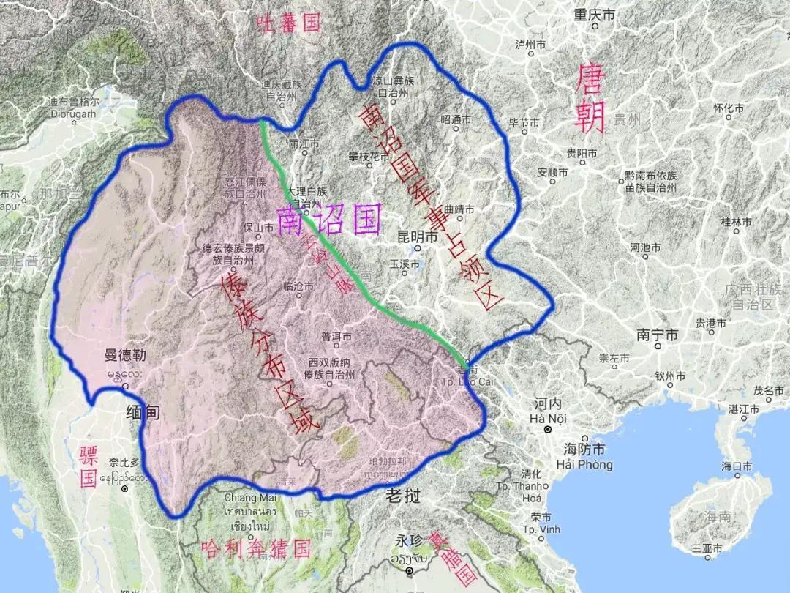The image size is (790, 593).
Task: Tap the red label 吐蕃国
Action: pyautogui.click(x=288, y=23)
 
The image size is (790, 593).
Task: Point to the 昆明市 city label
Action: pyautogui.click(x=416, y=238)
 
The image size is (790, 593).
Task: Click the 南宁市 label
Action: pyautogui.click(x=657, y=335)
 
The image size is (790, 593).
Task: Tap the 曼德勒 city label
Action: pyautogui.click(x=125, y=357)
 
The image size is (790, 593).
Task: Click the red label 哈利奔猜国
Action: pyautogui.click(x=255, y=548)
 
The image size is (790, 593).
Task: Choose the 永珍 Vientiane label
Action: pyautogui.click(x=409, y=542)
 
